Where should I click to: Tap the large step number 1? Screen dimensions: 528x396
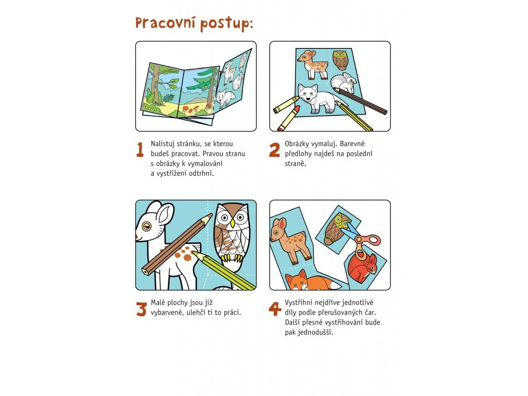coord(140,150)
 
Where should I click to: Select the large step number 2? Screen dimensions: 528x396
coord(274,150)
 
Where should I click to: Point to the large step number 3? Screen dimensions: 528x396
coord(141,309)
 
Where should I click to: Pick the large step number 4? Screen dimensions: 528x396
coord(275,309)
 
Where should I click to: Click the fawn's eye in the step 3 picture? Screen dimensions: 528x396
coord(146,226)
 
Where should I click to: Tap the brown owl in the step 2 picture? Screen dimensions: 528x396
coord(340,60)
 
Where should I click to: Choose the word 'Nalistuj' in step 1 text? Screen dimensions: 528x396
coord(162,144)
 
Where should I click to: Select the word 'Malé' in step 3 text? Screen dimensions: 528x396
coord(158,303)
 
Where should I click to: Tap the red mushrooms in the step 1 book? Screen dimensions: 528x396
coord(194,109)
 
